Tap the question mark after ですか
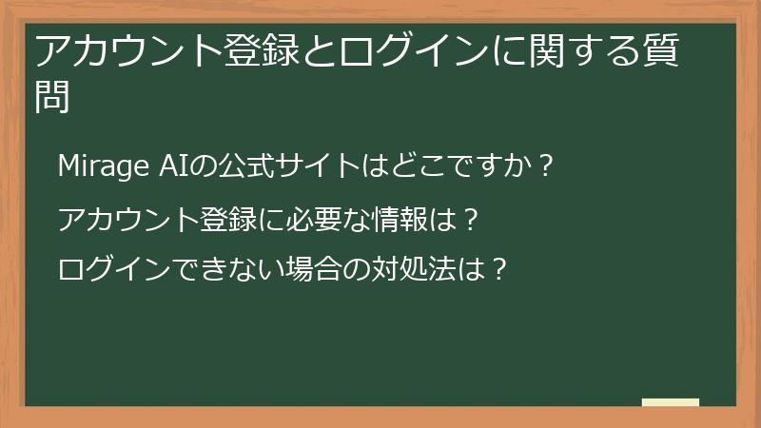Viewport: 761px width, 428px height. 545,165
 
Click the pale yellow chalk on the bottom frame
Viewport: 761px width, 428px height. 671,403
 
